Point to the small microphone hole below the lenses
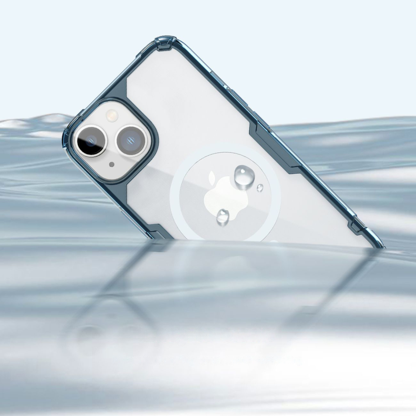[112, 164]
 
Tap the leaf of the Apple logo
[213, 176]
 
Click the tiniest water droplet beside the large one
[260, 188]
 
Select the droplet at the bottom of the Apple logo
[223, 217]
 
